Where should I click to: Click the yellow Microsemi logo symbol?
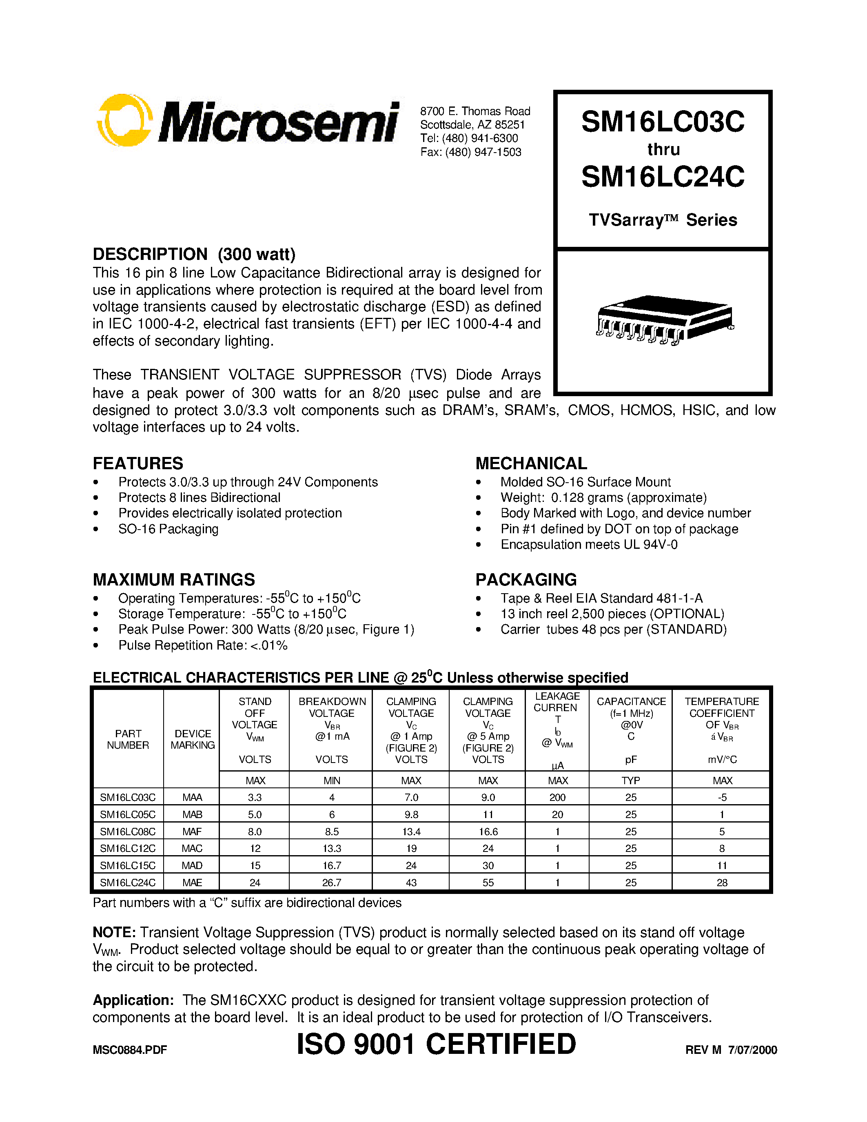(x=125, y=120)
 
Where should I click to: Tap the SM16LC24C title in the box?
(x=663, y=177)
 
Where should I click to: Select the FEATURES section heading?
(x=137, y=463)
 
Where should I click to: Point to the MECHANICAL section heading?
(x=531, y=463)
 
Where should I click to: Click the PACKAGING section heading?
(x=526, y=579)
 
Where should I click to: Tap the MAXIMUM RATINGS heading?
(x=174, y=579)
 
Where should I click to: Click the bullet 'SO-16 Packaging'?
(x=168, y=529)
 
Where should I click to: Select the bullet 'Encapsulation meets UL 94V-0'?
(x=589, y=545)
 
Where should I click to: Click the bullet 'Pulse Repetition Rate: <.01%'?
(x=202, y=645)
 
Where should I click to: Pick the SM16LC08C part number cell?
(x=128, y=831)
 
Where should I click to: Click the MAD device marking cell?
(x=192, y=865)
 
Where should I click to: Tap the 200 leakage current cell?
(x=557, y=797)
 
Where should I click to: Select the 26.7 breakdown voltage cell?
(x=332, y=882)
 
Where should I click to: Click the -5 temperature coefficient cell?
(x=722, y=797)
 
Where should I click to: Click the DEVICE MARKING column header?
(x=193, y=739)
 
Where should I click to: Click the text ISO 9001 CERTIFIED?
(x=437, y=1044)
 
